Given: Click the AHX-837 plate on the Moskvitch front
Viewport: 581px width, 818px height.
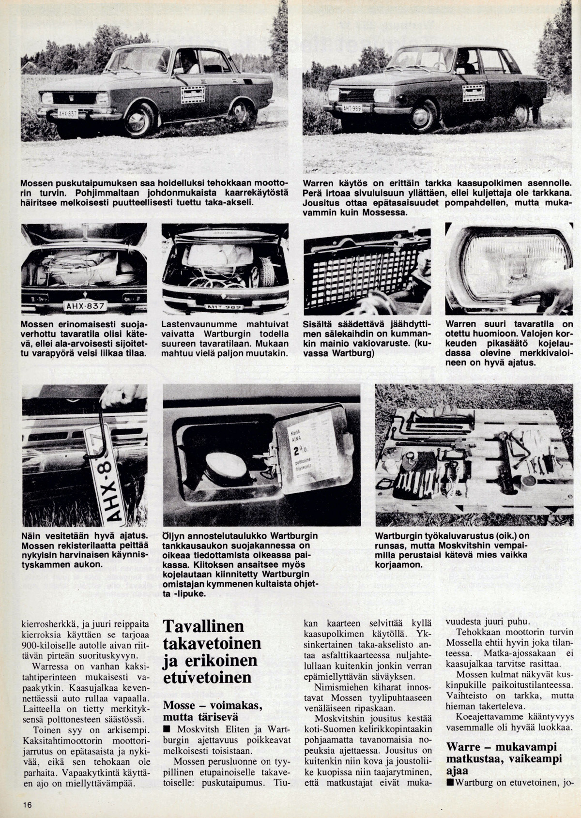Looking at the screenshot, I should pyautogui.click(x=68, y=113).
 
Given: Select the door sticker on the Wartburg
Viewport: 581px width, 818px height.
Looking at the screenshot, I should pyautogui.click(x=474, y=92).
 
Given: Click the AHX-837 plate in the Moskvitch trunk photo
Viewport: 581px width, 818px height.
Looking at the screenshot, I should pyautogui.click(x=84, y=305).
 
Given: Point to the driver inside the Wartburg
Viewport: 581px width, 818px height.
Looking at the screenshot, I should pyautogui.click(x=462, y=61).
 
